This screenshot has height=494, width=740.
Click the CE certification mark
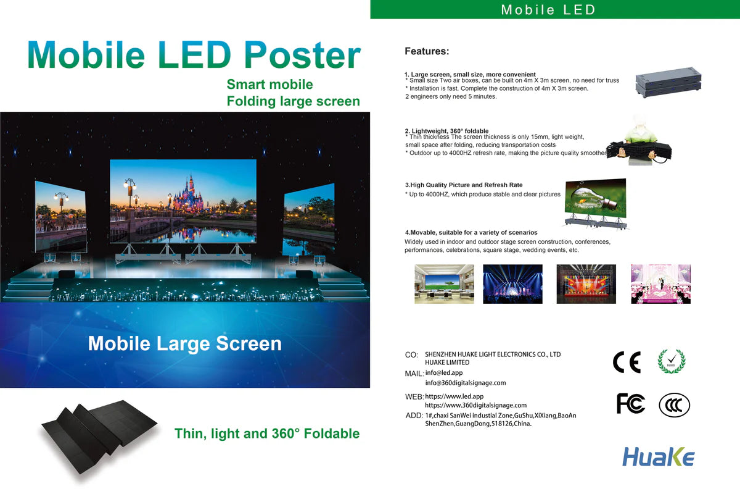click(627, 362)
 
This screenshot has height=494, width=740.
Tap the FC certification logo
click(630, 403)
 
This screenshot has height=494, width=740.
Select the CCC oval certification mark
click(674, 405)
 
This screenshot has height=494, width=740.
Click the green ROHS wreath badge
click(672, 361)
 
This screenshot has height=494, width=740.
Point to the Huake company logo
click(658, 458)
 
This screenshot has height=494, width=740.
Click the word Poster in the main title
click(302, 56)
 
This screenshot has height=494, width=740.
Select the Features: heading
click(427, 51)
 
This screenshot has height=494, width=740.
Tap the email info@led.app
click(444, 372)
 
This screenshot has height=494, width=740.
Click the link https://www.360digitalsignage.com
click(475, 405)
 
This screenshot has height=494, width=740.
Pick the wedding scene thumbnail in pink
click(660, 284)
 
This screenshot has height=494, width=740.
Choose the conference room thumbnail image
click(444, 284)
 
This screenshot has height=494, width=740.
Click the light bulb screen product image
click(596, 199)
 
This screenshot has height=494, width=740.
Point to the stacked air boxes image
click(668, 82)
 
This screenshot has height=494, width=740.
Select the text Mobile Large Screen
click(184, 344)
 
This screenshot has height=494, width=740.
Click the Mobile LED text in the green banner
click(548, 10)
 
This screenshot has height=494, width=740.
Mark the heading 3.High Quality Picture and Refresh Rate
click(463, 185)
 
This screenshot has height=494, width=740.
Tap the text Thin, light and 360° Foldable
click(266, 433)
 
